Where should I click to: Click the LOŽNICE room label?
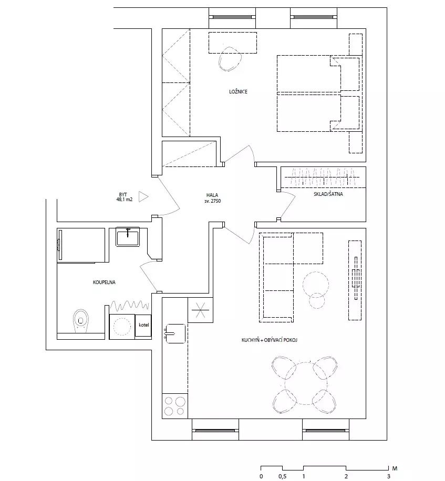[238, 91]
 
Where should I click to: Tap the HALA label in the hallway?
[212, 195]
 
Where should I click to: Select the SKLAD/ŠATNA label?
[328, 194]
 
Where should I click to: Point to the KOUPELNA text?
[104, 282]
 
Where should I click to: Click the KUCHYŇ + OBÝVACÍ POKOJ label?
[270, 340]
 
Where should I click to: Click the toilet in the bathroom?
[81, 321]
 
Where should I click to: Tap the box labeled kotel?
[143, 326]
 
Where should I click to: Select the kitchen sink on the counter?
[176, 333]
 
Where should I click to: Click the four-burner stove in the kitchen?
[174, 406]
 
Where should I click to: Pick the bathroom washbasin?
[128, 236]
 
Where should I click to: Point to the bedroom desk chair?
[230, 59]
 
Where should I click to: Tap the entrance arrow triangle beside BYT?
[143, 196]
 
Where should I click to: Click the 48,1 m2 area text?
[125, 200]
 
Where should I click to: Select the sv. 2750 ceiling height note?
[212, 201]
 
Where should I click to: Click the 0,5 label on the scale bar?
[282, 476]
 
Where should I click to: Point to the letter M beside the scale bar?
[395, 468]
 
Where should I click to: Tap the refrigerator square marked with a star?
[200, 310]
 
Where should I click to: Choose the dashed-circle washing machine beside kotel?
[122, 327]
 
